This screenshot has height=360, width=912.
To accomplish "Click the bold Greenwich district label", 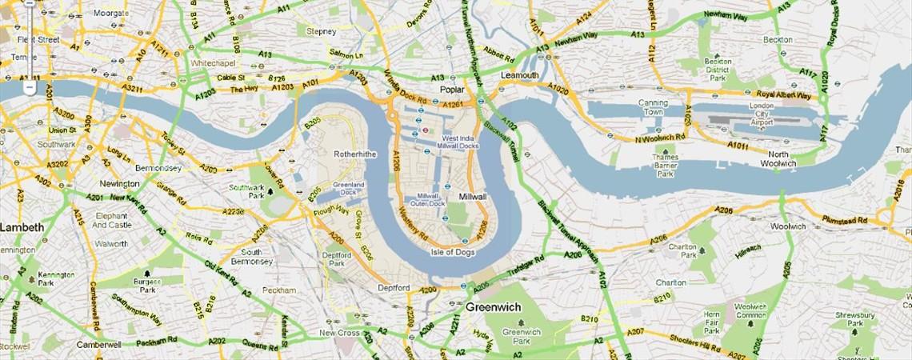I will click(493, 307).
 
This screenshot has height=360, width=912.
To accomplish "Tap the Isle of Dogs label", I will click(453, 253).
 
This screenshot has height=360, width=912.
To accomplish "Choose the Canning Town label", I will click(653, 107).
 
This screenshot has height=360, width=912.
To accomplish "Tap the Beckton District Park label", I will click(717, 70).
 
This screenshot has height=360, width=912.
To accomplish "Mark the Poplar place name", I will click(452, 90).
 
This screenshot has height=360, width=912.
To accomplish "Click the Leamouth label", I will click(519, 75).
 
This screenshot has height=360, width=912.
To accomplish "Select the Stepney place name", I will click(321, 31).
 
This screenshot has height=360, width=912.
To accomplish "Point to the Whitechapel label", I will click(211, 62).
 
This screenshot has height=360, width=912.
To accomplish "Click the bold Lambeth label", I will click(22, 227).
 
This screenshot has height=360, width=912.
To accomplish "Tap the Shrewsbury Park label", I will click(854, 320).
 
